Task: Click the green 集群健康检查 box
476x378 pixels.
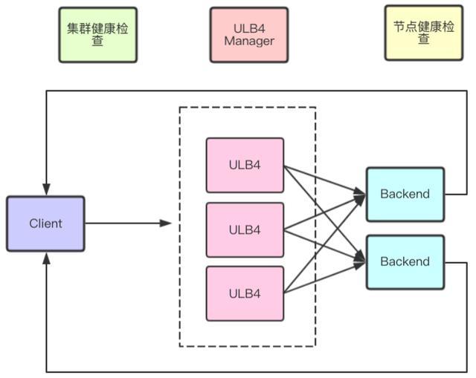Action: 97,35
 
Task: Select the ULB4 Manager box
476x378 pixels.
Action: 249,35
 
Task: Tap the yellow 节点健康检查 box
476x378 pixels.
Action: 424,33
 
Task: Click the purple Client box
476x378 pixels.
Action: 45,224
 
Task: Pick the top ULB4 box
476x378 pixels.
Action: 245,165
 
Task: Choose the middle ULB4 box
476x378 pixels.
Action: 245,230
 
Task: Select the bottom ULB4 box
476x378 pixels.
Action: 245,294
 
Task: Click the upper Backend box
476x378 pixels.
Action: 405,195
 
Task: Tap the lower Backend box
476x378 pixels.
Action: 405,262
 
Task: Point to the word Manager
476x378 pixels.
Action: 249,41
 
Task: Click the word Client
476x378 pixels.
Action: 45,224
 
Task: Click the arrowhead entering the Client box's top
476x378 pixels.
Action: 46,189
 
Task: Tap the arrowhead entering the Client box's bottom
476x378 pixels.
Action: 46,258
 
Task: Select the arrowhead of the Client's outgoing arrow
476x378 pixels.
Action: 166,224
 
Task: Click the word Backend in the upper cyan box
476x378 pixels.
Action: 405,194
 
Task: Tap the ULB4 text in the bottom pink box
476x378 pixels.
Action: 245,294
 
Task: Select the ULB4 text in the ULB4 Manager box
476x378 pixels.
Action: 249,28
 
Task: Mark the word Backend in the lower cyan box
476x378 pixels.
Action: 405,261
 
